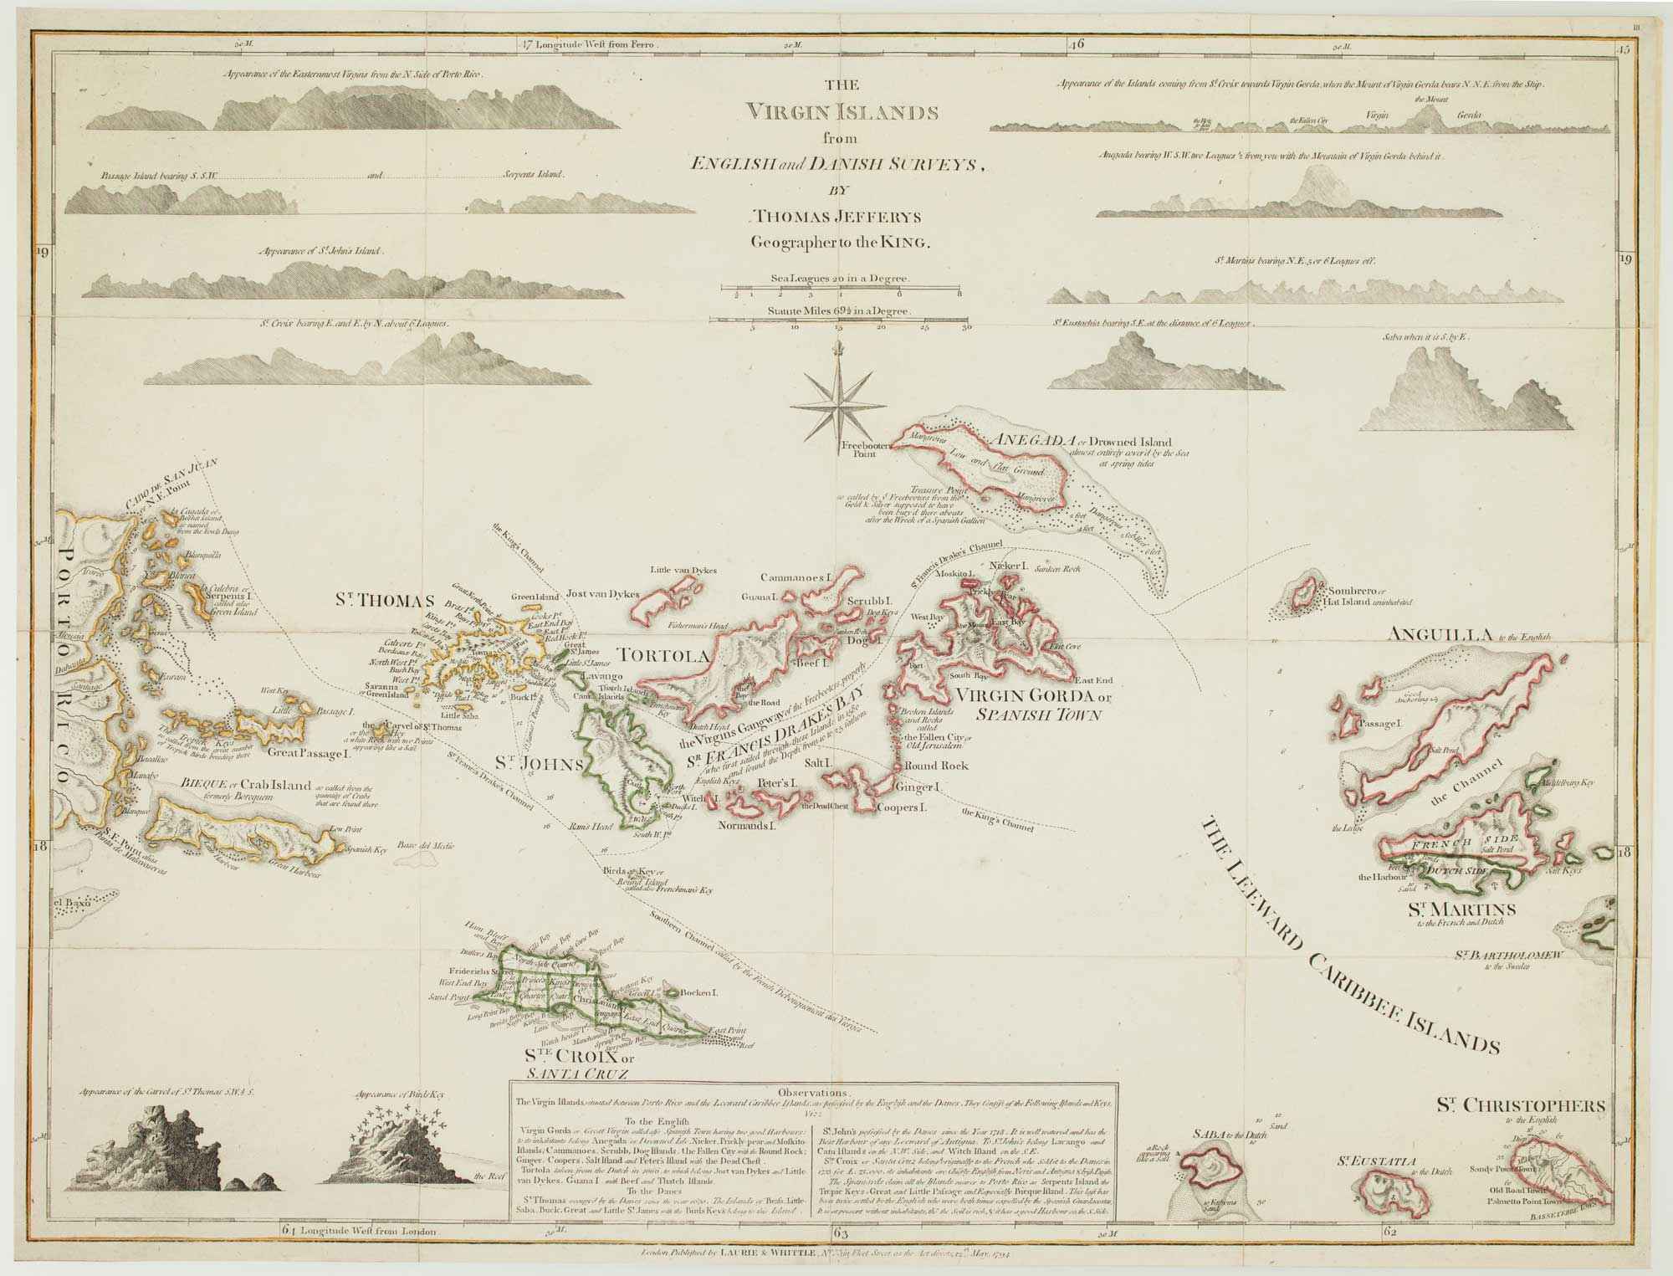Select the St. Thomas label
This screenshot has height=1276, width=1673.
[x=385, y=600]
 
